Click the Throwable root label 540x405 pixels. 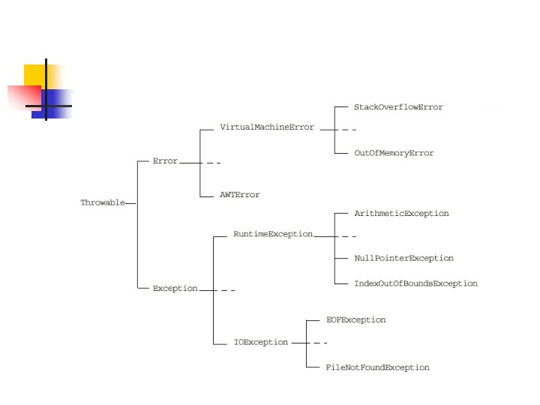coord(103,202)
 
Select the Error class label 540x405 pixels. coord(165,160)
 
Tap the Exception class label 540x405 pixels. coord(175,288)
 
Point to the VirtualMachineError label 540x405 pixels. coord(267,127)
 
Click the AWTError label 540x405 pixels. coord(239,195)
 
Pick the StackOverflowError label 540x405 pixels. coord(398,107)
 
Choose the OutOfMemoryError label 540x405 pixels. coord(394,153)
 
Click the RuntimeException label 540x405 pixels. coord(273,234)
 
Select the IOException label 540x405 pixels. coord(260,342)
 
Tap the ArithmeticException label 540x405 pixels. coord(401,214)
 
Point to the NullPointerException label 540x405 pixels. coord(403,258)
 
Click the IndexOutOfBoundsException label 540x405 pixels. coord(415,283)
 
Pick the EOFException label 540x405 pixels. coord(355,320)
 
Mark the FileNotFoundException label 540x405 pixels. coord(377,367)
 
